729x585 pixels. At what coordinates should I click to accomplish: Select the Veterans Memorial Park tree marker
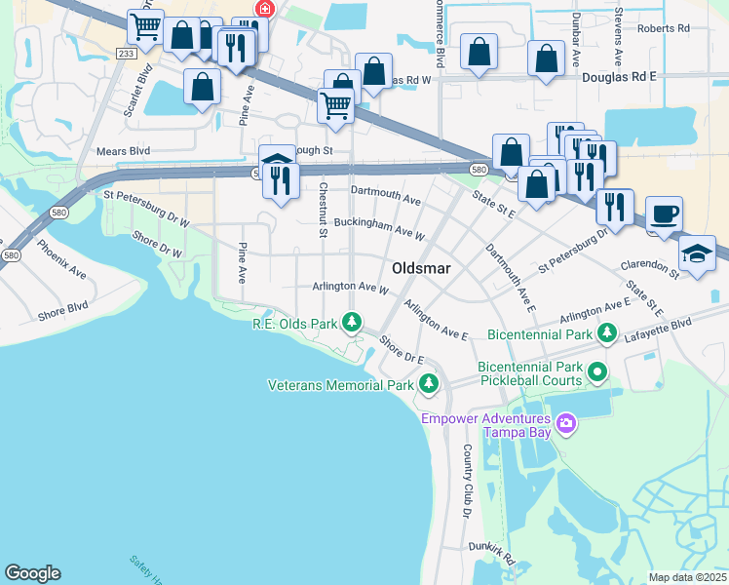pos(428,385)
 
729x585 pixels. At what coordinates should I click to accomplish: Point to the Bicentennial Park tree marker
pos(607,334)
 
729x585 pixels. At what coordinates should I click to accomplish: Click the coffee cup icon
pos(665,214)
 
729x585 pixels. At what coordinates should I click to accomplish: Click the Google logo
pos(32,573)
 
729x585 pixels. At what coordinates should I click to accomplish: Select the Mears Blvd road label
pos(123,151)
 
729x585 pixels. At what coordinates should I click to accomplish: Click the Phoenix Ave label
pos(62,259)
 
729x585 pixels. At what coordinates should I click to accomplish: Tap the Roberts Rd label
pos(663,28)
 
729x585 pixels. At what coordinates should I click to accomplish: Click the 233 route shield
pos(125,55)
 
